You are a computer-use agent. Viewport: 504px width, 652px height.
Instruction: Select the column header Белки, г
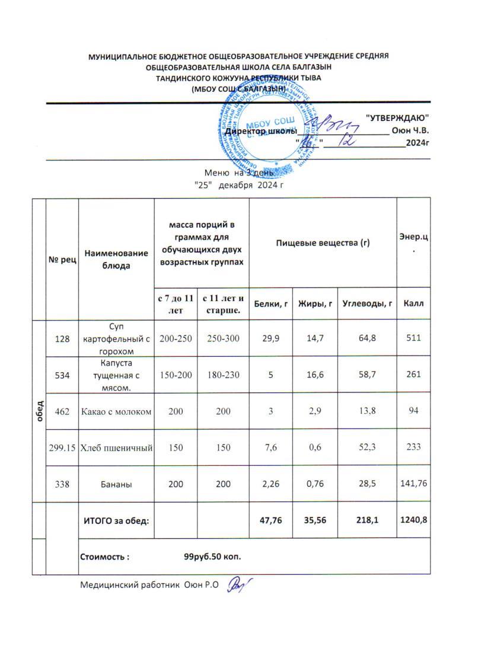point(270,304)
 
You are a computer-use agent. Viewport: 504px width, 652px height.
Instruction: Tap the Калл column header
point(413,304)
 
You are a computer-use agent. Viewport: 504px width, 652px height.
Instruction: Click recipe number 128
point(62,338)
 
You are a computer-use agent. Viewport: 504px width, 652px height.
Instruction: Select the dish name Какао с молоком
point(116,410)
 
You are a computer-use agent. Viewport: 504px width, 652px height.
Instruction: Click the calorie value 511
point(413,338)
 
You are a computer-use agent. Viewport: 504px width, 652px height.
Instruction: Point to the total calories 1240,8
point(413,520)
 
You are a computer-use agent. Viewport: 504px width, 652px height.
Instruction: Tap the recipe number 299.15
point(62,447)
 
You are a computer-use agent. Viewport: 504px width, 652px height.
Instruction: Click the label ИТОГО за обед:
point(114,520)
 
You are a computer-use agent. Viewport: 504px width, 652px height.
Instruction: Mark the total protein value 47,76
point(270,520)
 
